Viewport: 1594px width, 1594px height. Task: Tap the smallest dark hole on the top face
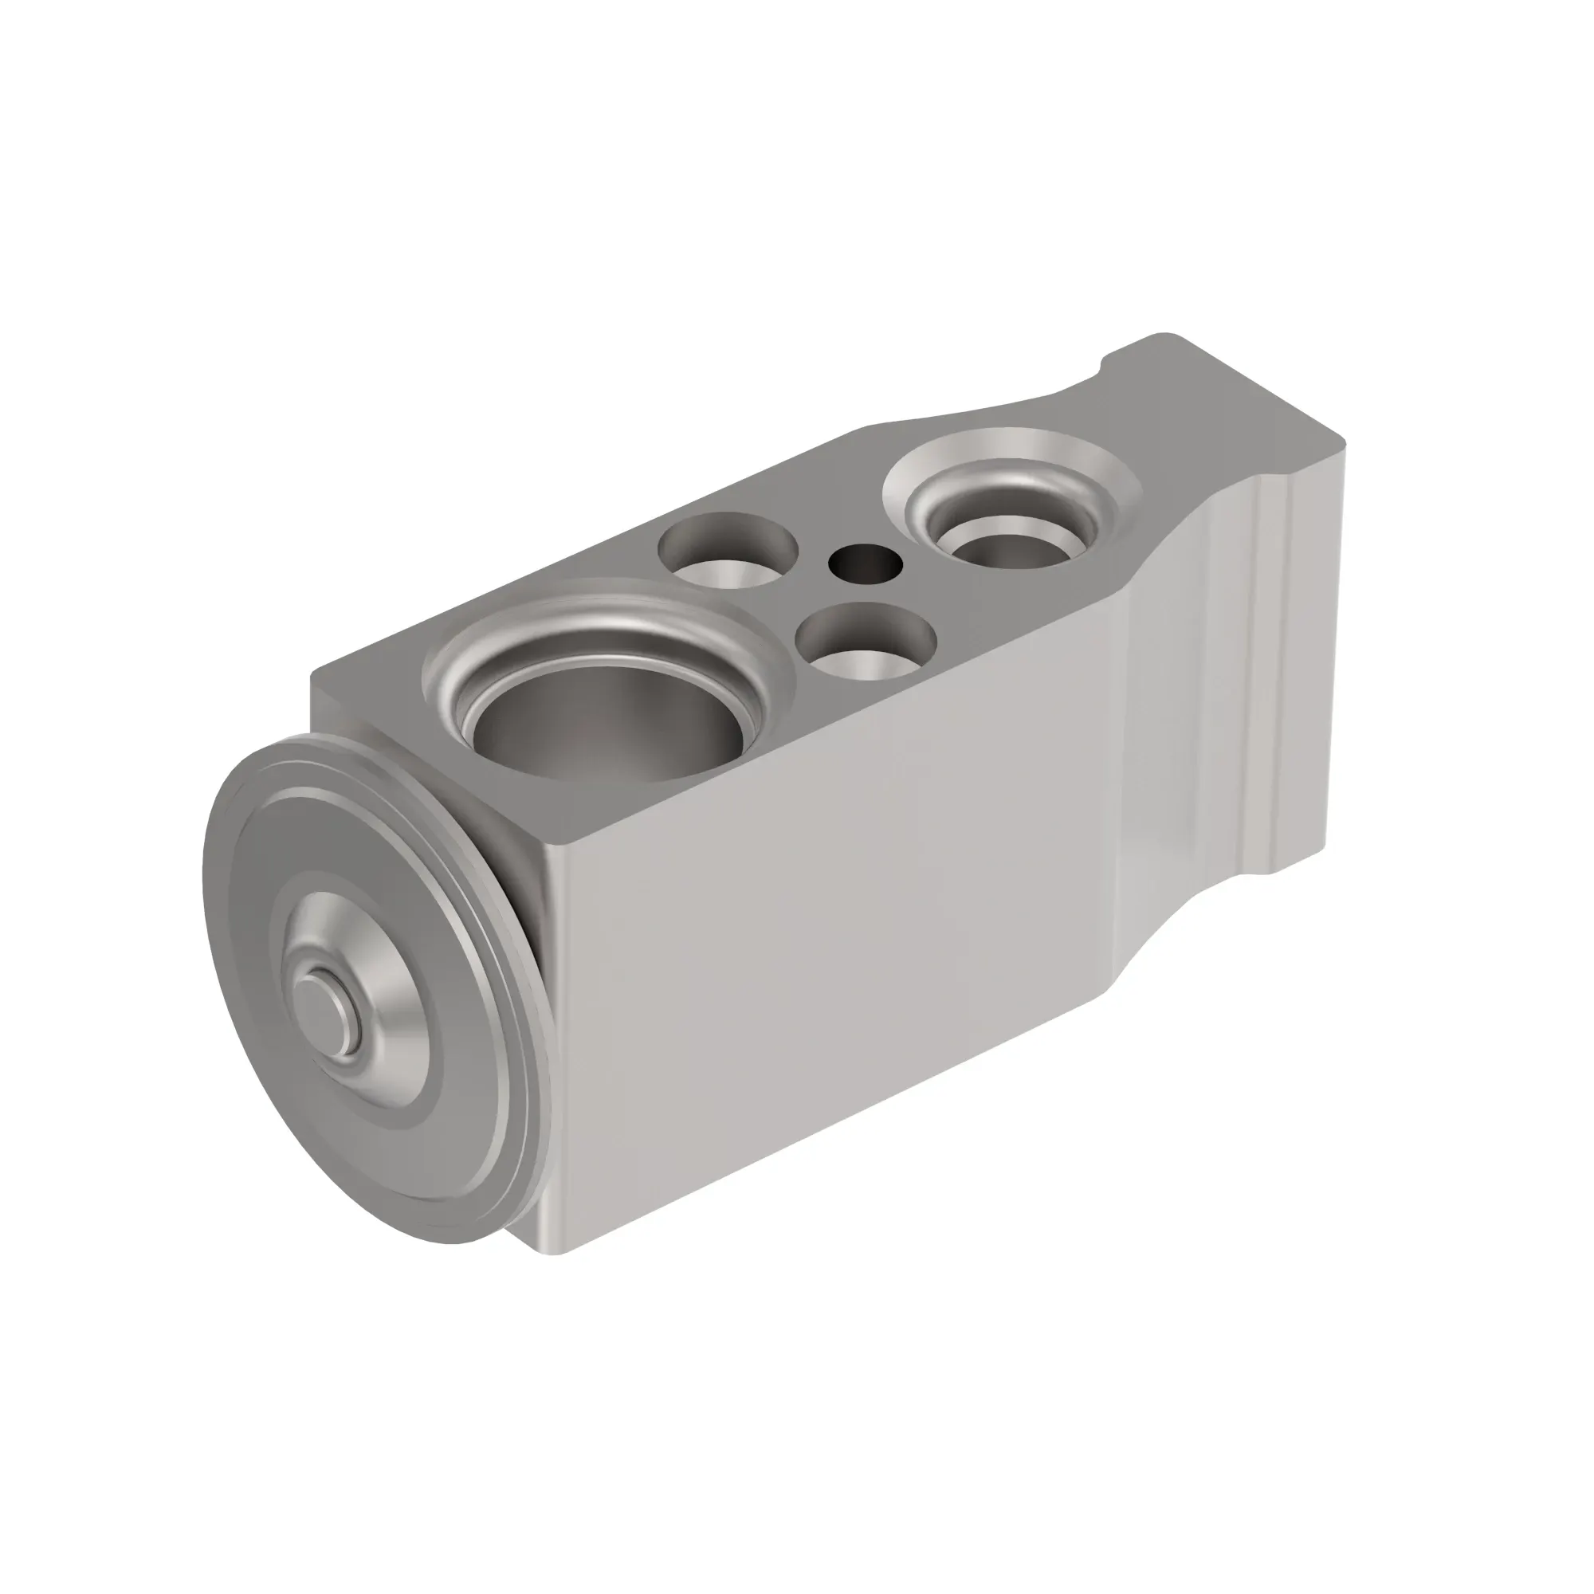(865, 564)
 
